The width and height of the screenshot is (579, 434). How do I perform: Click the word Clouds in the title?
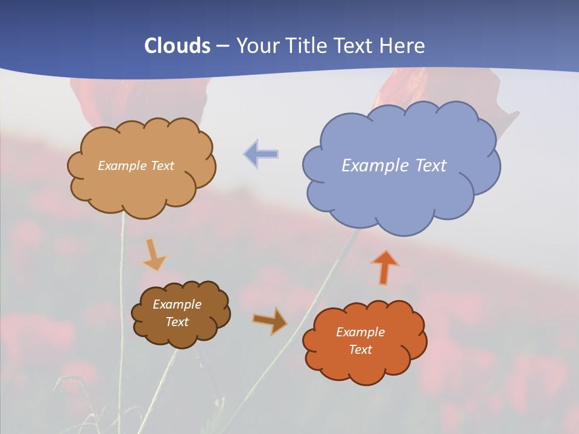(x=177, y=46)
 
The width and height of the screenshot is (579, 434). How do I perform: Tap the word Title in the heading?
(x=306, y=46)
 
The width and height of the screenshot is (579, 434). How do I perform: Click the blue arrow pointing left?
(x=261, y=154)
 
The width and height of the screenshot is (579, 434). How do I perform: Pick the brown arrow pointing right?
(x=270, y=321)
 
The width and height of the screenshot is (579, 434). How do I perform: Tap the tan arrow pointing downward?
(x=153, y=254)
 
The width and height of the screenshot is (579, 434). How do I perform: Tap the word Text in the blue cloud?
(x=431, y=166)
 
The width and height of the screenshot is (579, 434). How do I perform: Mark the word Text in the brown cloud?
(x=177, y=322)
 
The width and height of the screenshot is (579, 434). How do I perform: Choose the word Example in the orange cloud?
(x=360, y=332)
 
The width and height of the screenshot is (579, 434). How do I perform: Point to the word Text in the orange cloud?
(x=360, y=350)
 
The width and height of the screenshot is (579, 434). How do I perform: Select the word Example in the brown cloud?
(x=177, y=304)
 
